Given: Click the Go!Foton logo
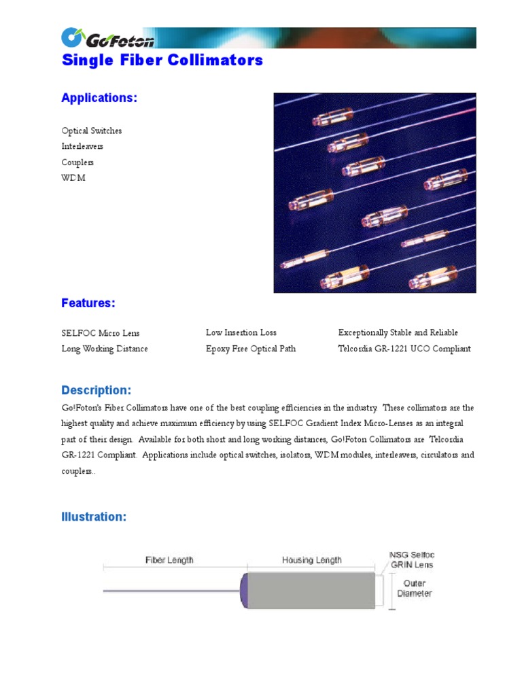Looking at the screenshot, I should pyautogui.click(x=108, y=38).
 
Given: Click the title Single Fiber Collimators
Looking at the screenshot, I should pyautogui.click(x=162, y=60).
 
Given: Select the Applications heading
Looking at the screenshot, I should pyautogui.click(x=99, y=98).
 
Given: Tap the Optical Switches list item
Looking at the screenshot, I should pyautogui.click(x=92, y=130).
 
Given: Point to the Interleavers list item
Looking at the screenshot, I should pyautogui.click(x=82, y=146).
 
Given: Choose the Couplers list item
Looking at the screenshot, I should pyautogui.click(x=77, y=162).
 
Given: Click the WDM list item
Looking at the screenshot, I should pyautogui.click(x=73, y=178).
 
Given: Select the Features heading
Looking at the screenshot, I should pyautogui.click(x=88, y=303).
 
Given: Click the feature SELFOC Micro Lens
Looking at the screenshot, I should pyautogui.click(x=101, y=333).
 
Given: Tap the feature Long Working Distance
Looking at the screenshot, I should pyautogui.click(x=105, y=349).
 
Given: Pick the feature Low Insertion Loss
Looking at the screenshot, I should pyautogui.click(x=241, y=332).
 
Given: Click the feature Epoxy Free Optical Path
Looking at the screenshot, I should pyautogui.click(x=251, y=349).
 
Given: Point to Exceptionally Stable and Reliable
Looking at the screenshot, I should pyautogui.click(x=398, y=332).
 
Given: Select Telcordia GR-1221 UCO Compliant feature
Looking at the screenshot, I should pyautogui.click(x=404, y=349).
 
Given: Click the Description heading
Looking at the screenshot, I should pyautogui.click(x=96, y=391).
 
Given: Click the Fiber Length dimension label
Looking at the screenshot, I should pyautogui.click(x=169, y=560).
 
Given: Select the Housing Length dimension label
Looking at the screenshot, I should pyautogui.click(x=311, y=560).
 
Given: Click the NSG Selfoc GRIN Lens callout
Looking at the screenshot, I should pyautogui.click(x=411, y=559).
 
